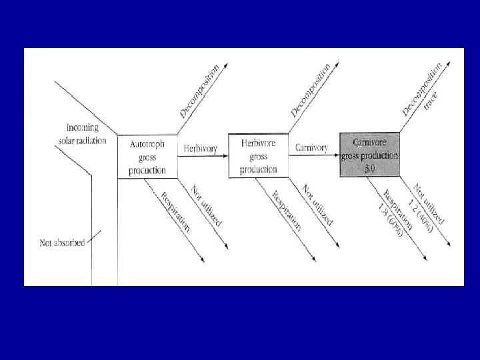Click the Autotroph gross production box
tap(147, 156)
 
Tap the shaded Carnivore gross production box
tap(369, 155)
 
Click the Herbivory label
tap(201, 149)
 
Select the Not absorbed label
tap(62, 243)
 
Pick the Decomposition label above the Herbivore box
tap(310, 91)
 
